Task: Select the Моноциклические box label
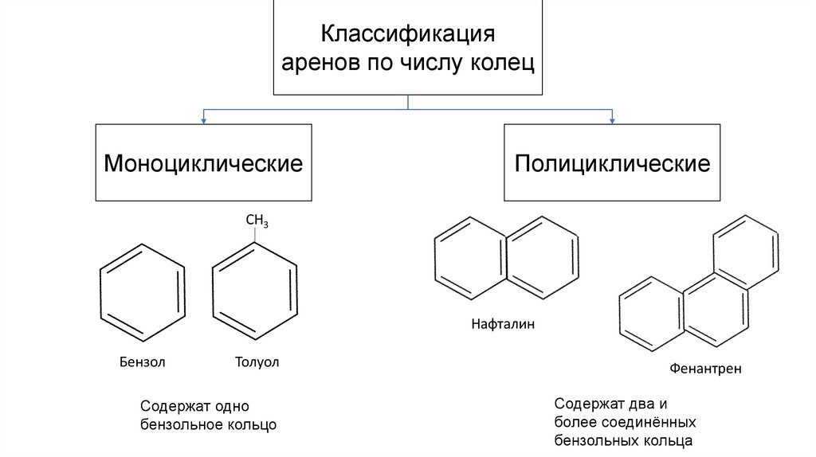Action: pos(203,164)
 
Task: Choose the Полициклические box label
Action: pos(611,164)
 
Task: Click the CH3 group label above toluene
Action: pos(257,220)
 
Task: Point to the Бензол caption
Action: pos(143,363)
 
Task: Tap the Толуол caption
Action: pos(257,363)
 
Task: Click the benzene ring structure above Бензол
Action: pos(143,292)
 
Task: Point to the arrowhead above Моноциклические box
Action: pos(204,120)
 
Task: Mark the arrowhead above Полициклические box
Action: pos(612,120)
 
